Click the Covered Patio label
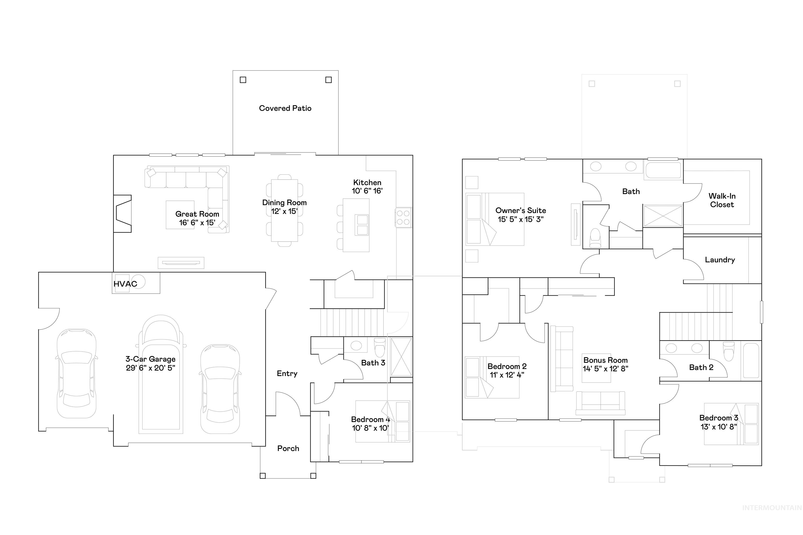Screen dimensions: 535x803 pos(285,108)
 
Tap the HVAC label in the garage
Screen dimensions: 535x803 pos(125,284)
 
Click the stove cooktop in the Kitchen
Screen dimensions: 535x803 pos(403,218)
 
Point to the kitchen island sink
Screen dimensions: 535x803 pos(362,225)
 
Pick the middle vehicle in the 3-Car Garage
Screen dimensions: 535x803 pos(160,375)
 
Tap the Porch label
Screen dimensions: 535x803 pos(288,448)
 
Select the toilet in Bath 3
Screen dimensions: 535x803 pos(380,348)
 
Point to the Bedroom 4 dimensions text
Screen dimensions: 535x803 pos(370,428)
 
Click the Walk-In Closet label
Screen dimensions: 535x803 pos(722,200)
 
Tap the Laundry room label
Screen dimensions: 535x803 pos(720,260)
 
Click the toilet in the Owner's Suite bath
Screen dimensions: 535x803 pos(595,238)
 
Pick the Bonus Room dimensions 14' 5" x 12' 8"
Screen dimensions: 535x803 pos(605,369)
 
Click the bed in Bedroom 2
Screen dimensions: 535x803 pos(491,377)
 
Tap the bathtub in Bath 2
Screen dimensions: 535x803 pos(751,361)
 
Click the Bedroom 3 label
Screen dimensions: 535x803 pos(718,418)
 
